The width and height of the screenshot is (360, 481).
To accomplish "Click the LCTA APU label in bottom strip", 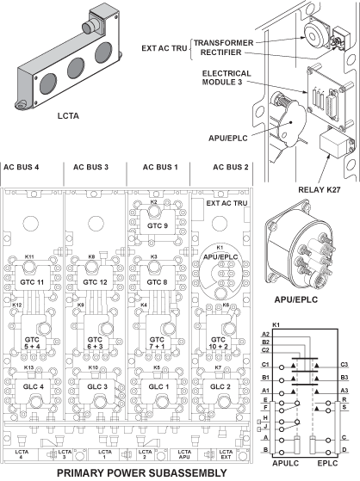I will pyautogui.click(x=185, y=453).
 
